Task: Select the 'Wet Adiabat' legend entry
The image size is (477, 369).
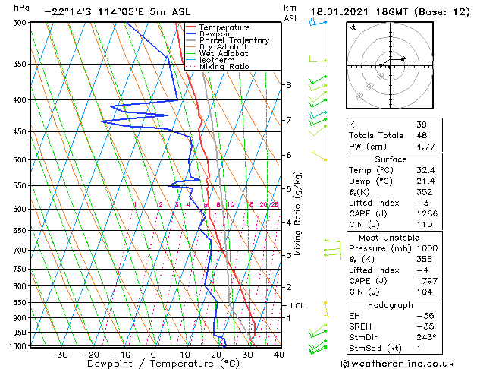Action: coord(224,54)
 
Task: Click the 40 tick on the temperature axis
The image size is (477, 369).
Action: coord(279,355)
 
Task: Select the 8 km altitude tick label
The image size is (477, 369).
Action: coord(289,85)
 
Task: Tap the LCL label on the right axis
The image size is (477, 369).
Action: coord(297,305)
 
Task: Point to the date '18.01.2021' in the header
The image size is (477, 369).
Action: coord(340,11)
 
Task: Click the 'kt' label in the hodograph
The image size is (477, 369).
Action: coord(352,27)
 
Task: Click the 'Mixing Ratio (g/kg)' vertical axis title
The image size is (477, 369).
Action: coord(299,213)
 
